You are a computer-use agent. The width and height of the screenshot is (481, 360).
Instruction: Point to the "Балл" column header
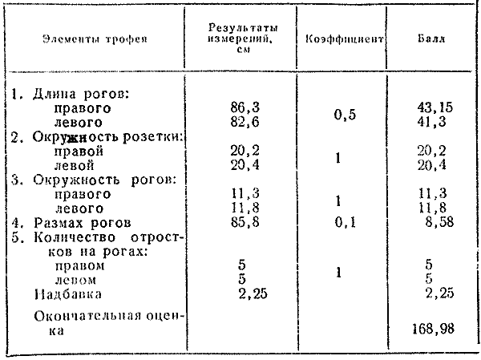tap(433, 38)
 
